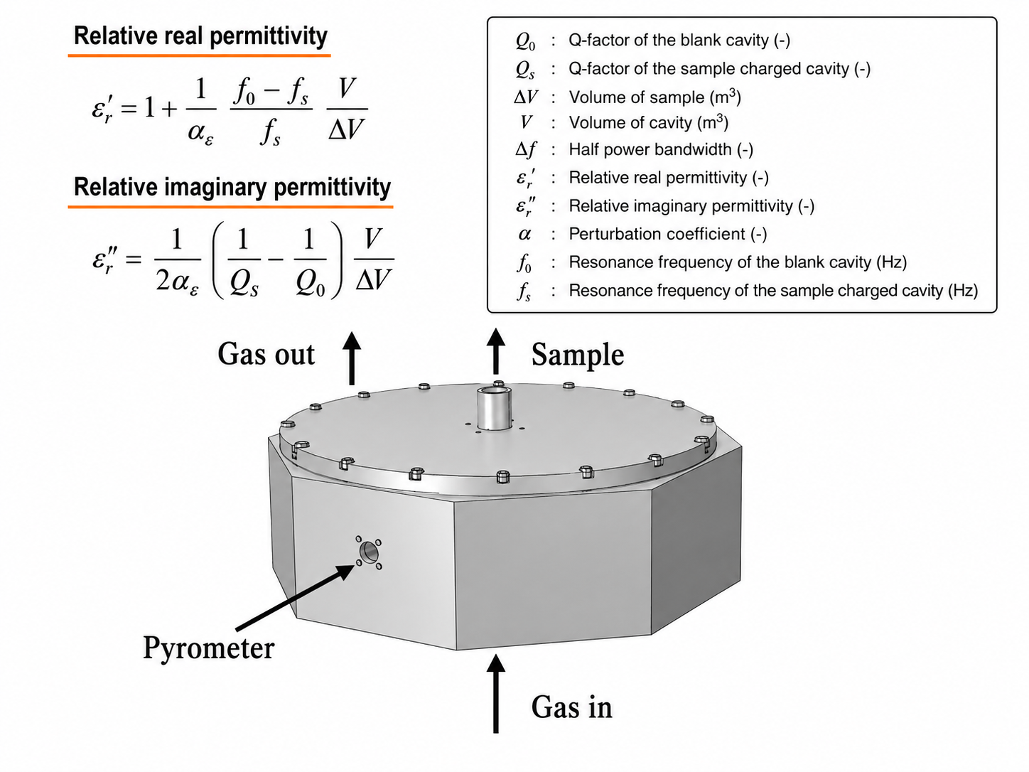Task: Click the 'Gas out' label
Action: (266, 354)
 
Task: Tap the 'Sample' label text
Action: (578, 355)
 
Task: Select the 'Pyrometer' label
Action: (209, 649)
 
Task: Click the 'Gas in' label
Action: (571, 707)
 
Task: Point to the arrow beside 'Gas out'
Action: (352, 358)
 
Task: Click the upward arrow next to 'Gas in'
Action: (495, 694)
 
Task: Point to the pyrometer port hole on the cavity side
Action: (369, 552)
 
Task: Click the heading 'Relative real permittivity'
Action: (200, 36)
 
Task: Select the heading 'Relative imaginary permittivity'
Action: (232, 187)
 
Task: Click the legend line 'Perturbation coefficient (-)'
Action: (667, 234)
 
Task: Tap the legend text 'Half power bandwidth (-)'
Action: (660, 149)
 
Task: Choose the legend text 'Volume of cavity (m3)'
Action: (648, 122)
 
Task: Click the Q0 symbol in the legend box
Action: (525, 41)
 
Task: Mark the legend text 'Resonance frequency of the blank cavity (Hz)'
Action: (738, 262)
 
